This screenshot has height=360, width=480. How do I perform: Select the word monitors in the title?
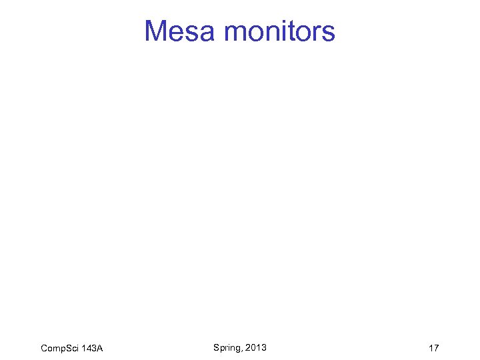click(280, 31)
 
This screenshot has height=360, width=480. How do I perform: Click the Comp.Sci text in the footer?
click(59, 348)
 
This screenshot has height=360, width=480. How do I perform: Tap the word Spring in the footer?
click(227, 347)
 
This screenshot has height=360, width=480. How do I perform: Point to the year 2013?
click(256, 347)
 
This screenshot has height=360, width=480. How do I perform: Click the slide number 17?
click(433, 348)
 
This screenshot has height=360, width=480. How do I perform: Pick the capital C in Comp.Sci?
click(44, 348)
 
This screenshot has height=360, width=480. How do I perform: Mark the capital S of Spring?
click(216, 347)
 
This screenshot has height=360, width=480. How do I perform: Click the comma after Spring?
click(243, 349)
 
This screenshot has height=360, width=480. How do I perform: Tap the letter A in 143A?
click(99, 348)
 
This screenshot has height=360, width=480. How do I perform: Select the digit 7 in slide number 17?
click(436, 348)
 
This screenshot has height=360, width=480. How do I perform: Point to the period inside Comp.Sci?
click(65, 351)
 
